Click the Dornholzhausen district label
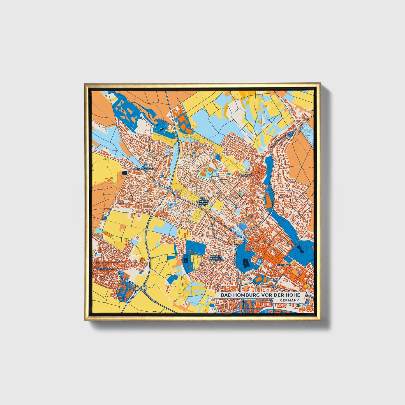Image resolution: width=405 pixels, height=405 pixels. tap(144, 169)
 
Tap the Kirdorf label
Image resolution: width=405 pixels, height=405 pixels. tap(247, 175)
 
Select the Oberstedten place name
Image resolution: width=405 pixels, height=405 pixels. tap(104, 269)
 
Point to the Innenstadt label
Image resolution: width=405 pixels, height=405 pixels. tap(283, 265)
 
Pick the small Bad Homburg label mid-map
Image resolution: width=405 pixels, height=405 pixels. tap(203, 202)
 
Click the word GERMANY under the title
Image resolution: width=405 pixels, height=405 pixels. tap(289, 300)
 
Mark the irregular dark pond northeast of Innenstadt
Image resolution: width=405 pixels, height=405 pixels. tap(300, 248)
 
